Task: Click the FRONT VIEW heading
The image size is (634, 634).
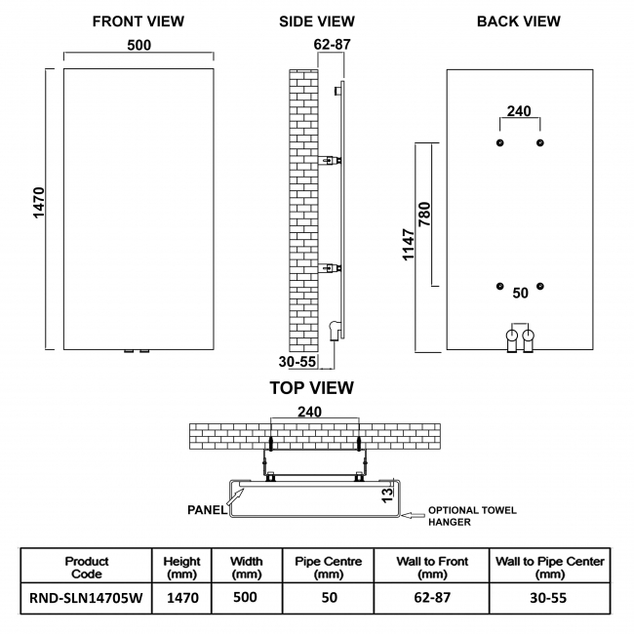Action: click(138, 21)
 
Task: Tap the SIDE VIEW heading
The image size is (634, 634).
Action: click(316, 21)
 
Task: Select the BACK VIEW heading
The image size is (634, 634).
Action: click(519, 21)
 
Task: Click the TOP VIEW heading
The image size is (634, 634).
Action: click(311, 388)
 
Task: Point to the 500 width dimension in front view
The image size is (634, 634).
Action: click(139, 44)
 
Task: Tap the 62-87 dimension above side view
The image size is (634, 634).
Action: click(332, 44)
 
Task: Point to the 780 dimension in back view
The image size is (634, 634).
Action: click(423, 214)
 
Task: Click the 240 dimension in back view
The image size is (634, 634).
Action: click(520, 111)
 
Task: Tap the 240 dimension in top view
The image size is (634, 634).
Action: click(309, 412)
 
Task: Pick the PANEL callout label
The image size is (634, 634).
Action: click(208, 508)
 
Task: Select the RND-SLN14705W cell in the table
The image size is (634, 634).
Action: click(86, 598)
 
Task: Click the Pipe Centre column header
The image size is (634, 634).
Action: click(329, 568)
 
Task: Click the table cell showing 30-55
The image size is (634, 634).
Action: click(549, 598)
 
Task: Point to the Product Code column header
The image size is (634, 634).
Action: click(86, 568)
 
